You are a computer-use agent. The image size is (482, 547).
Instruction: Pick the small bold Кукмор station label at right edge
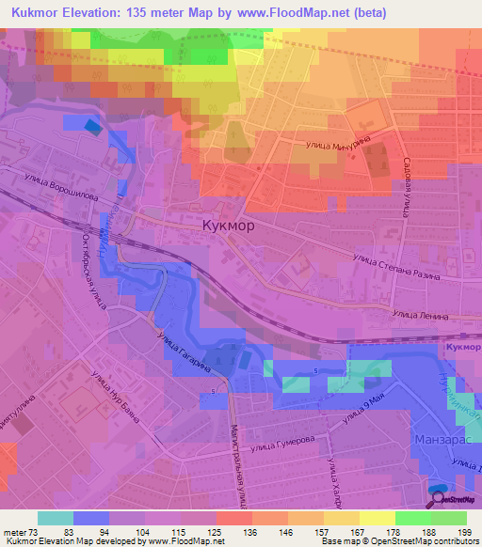[462, 348]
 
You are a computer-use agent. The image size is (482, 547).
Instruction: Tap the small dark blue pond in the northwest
[91, 125]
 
